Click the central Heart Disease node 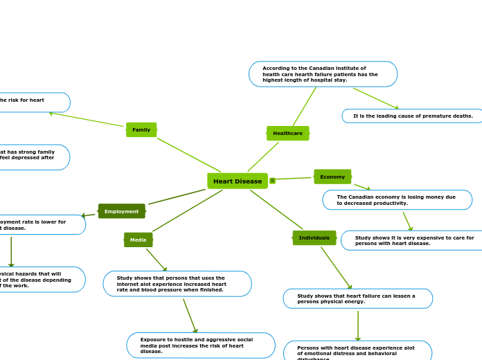(238, 181)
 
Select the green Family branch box (141, 129)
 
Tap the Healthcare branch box (287, 133)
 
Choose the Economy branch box (332, 177)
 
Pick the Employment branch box (122, 211)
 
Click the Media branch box (139, 240)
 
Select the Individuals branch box (314, 238)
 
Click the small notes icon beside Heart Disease (273, 181)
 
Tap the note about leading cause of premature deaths (412, 116)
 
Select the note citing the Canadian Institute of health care (323, 74)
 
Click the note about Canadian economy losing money (397, 200)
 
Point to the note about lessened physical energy (357, 298)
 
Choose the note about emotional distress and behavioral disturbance (357, 352)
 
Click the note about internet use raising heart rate (177, 284)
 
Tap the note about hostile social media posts (201, 345)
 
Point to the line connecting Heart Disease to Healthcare (263, 157)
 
